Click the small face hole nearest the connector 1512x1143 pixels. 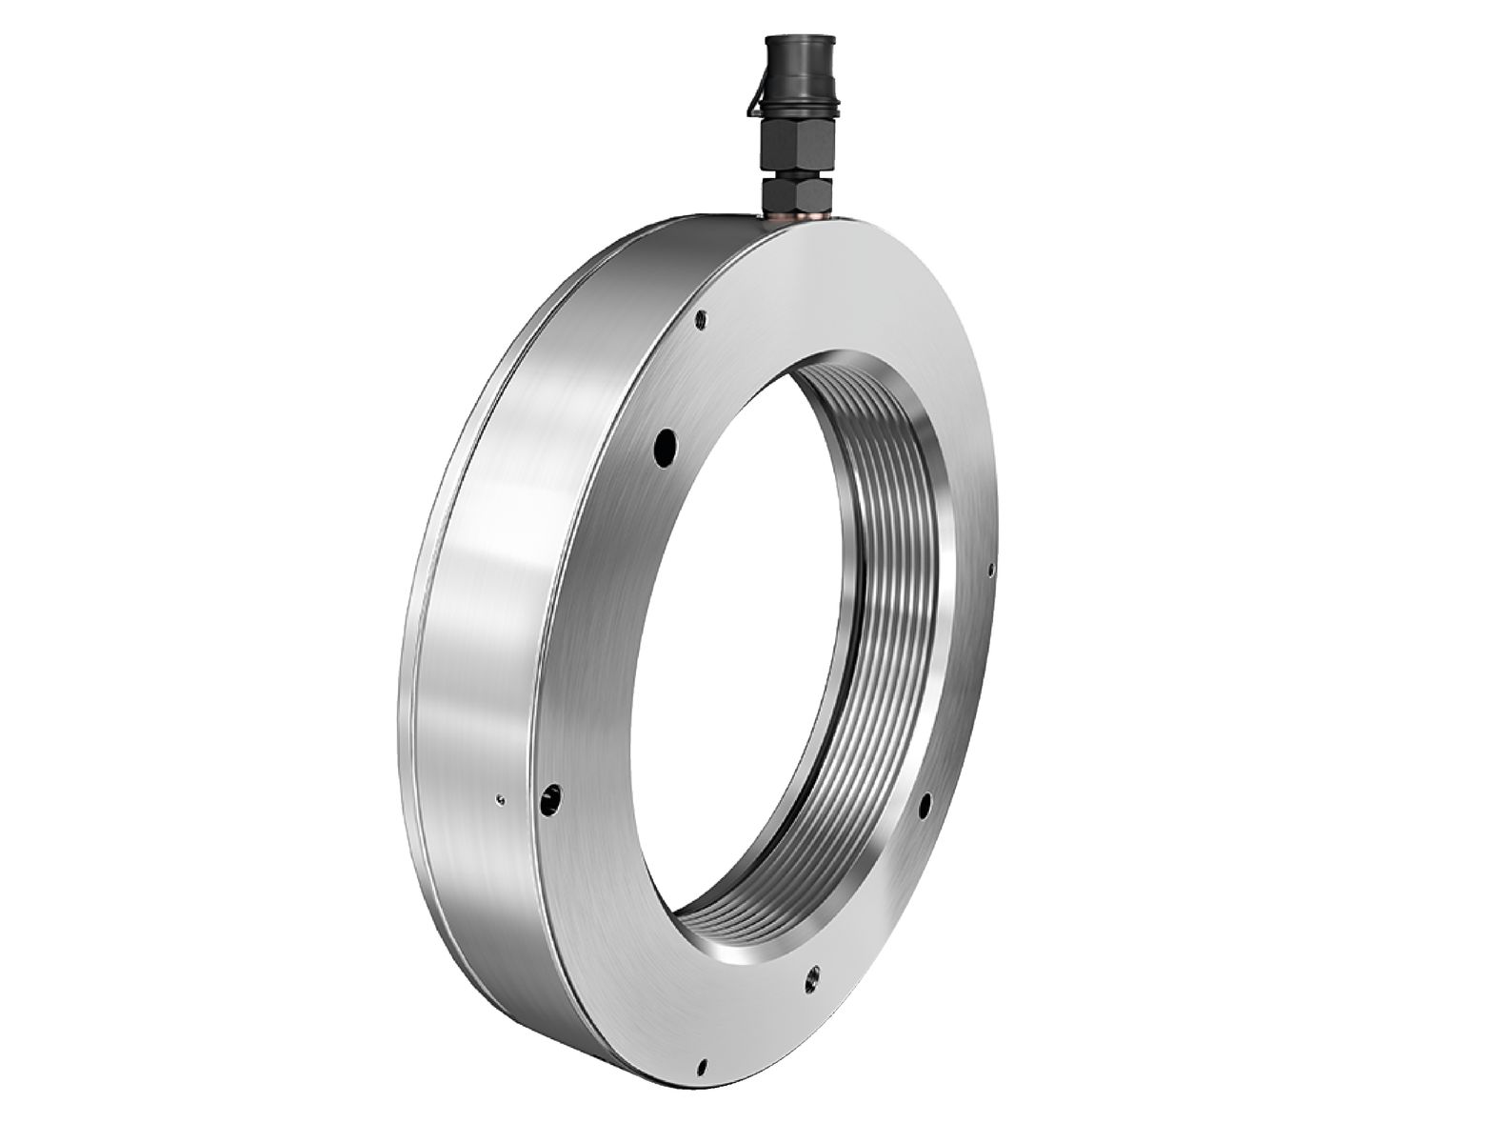coord(701,319)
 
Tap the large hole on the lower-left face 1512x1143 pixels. coord(550,804)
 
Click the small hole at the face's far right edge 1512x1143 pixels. coord(990,571)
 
